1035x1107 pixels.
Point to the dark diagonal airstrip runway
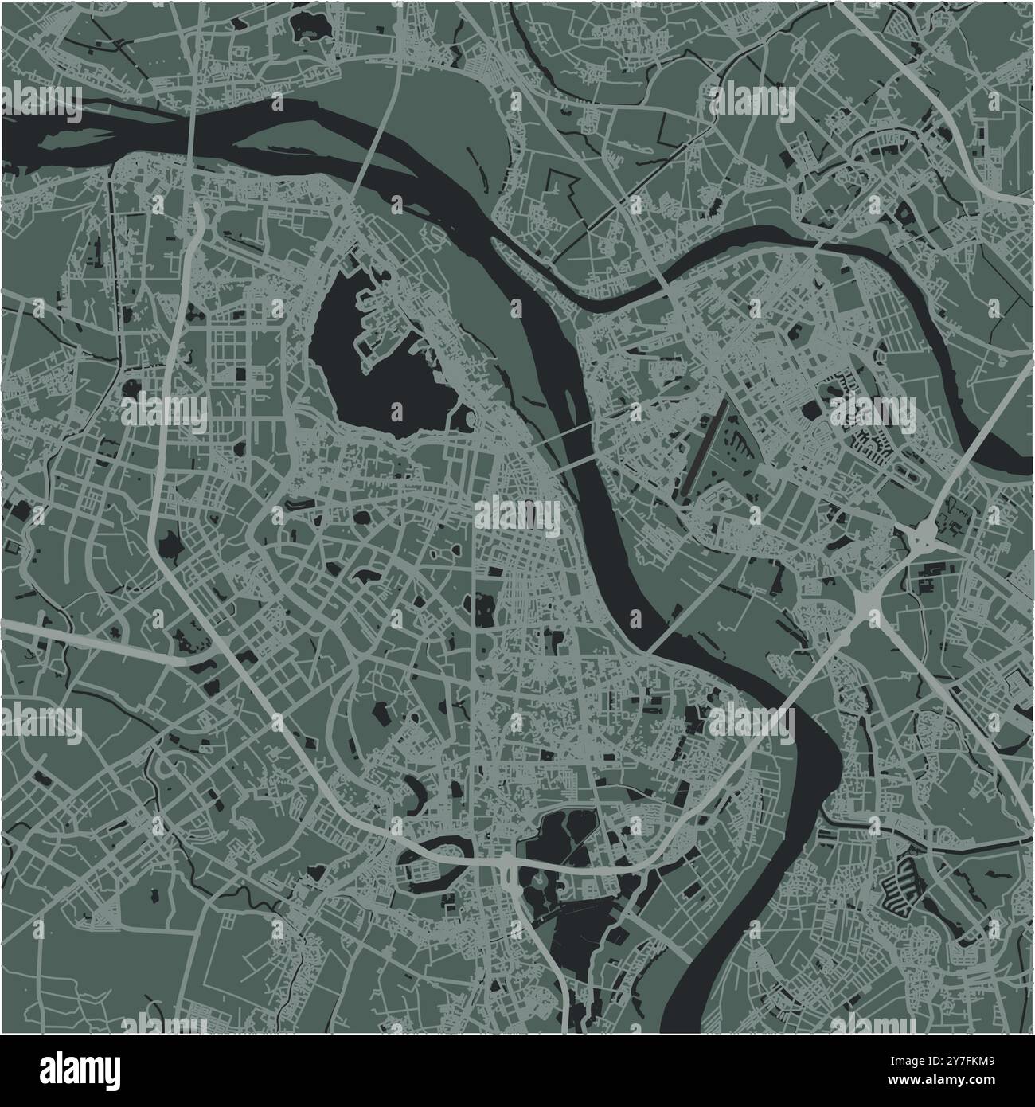pyautogui.click(x=705, y=446)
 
